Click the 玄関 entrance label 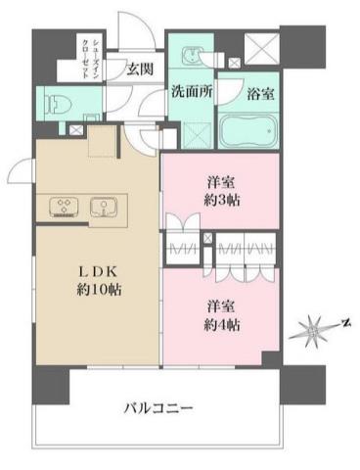[x=139, y=69]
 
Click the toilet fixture [x=57, y=101]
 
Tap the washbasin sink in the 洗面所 [x=191, y=57]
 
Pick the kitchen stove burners [x=65, y=207]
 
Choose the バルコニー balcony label [x=157, y=407]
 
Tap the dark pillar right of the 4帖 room [x=302, y=385]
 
